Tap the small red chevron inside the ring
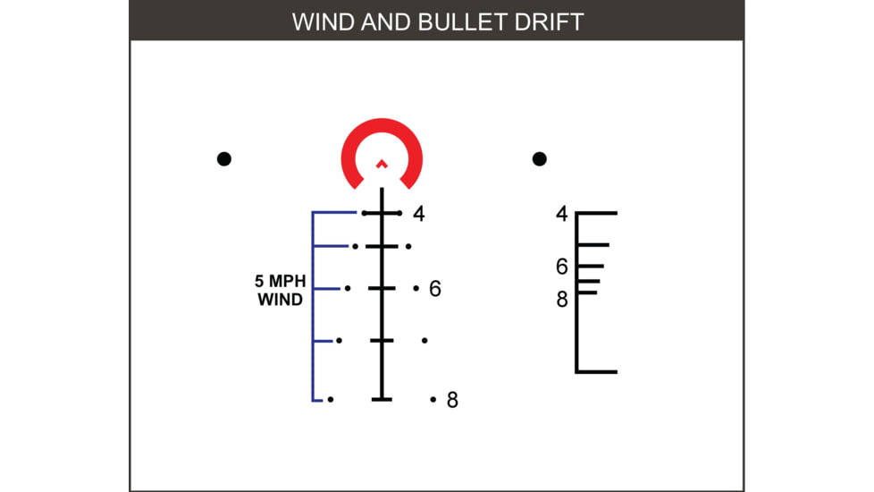click(382, 164)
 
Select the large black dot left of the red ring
click(224, 159)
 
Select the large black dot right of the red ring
click(539, 159)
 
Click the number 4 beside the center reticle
click(418, 215)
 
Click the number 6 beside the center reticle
click(435, 289)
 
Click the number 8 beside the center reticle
click(452, 400)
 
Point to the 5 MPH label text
click(281, 281)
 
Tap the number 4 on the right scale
click(562, 214)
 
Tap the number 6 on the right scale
click(562, 267)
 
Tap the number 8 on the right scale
click(562, 300)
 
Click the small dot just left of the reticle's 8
click(433, 399)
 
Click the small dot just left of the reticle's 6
click(416, 288)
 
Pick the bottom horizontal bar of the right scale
click(596, 370)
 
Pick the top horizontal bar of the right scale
click(596, 214)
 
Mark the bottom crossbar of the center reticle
click(382, 398)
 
